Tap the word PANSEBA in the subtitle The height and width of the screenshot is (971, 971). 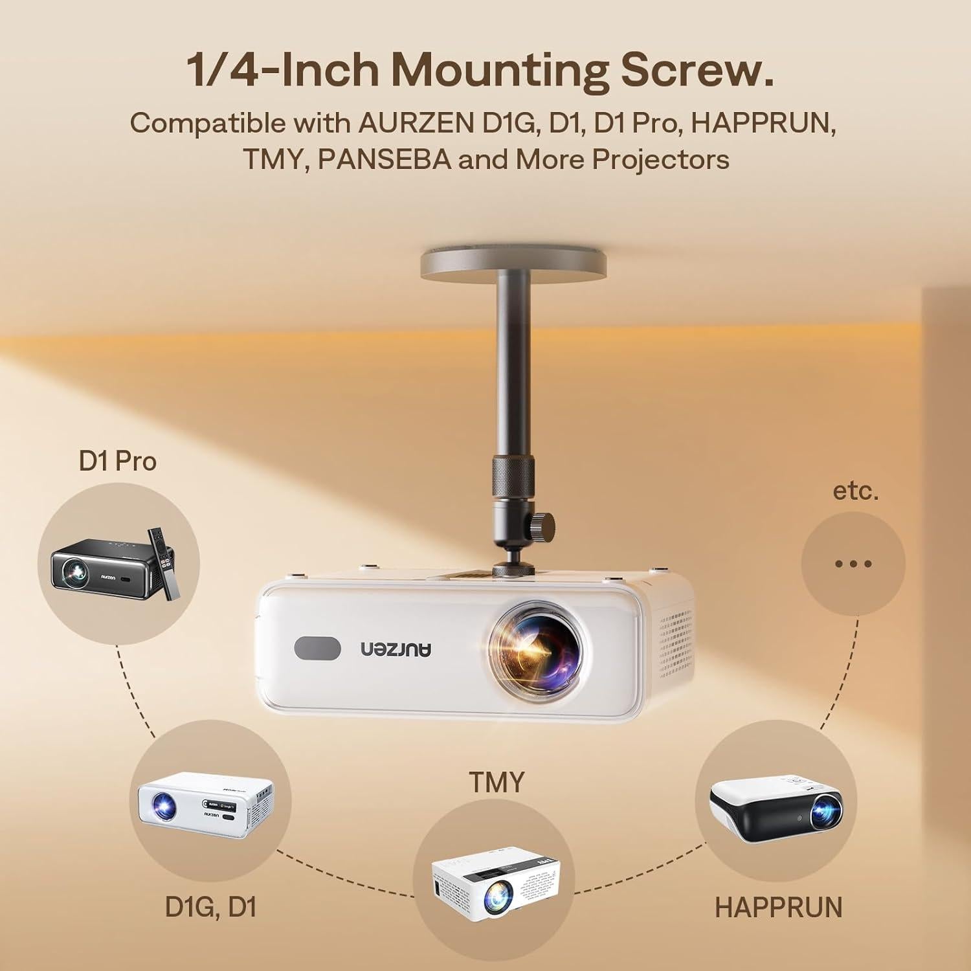384,159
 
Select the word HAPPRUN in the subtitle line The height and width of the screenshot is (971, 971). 763,122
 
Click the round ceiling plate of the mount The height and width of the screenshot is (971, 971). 513,266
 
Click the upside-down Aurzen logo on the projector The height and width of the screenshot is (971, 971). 396,649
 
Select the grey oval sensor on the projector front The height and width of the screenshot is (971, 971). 317,649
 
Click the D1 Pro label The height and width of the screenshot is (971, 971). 117,462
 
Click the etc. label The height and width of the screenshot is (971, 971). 855,491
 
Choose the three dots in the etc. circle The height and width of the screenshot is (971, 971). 853,564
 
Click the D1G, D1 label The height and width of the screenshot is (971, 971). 211,906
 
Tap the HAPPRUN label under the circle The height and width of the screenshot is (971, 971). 778,908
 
